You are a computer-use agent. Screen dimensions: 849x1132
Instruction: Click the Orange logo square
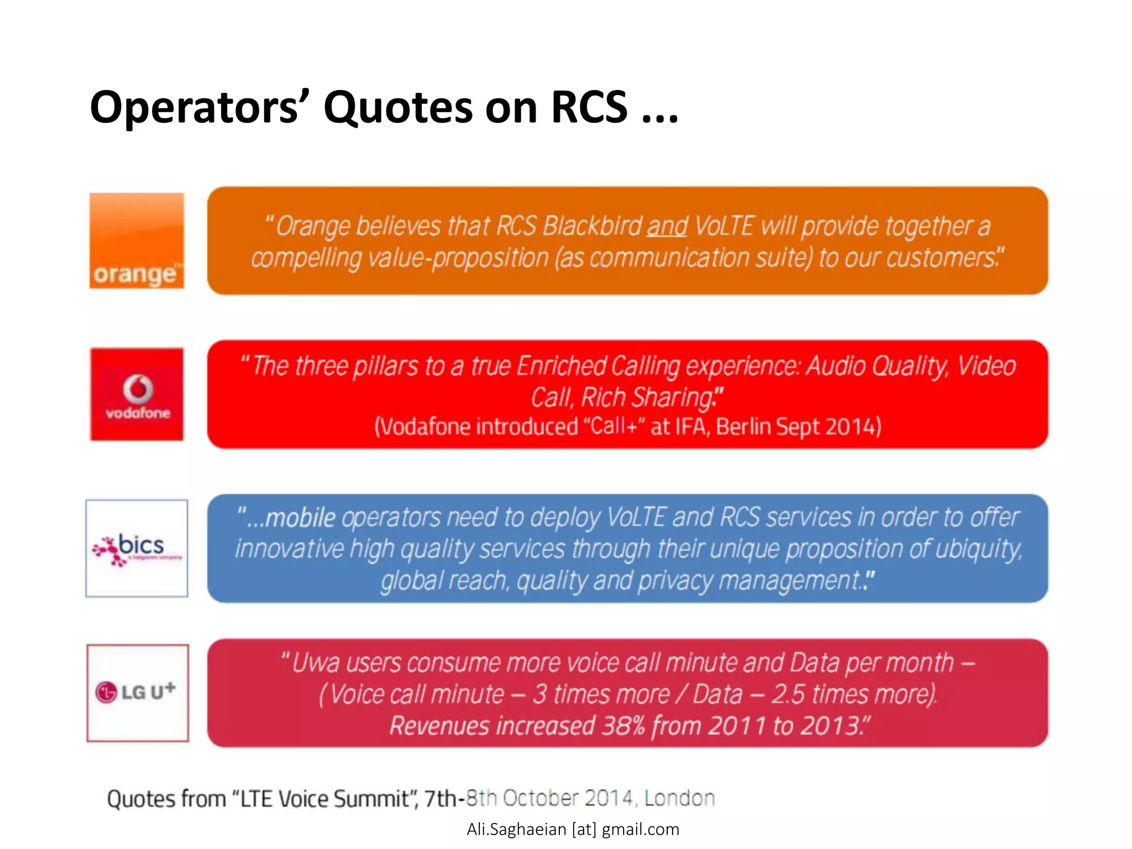coord(137,240)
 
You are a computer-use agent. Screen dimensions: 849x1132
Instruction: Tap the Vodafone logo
coord(137,394)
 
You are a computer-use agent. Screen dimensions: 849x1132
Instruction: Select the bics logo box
coord(137,548)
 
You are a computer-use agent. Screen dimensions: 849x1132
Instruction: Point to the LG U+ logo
coord(138,693)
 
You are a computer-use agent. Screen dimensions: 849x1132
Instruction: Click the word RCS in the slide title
coord(589,107)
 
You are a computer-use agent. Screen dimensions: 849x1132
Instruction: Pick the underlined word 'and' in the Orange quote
coord(667,226)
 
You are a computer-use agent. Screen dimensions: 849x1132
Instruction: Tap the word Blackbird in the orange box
coord(593,226)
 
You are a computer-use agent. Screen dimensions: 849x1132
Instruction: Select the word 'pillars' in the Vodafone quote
coord(385,366)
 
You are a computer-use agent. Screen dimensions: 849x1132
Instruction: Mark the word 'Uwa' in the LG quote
coord(315,663)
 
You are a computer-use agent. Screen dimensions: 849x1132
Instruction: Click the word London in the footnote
coord(679,798)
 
